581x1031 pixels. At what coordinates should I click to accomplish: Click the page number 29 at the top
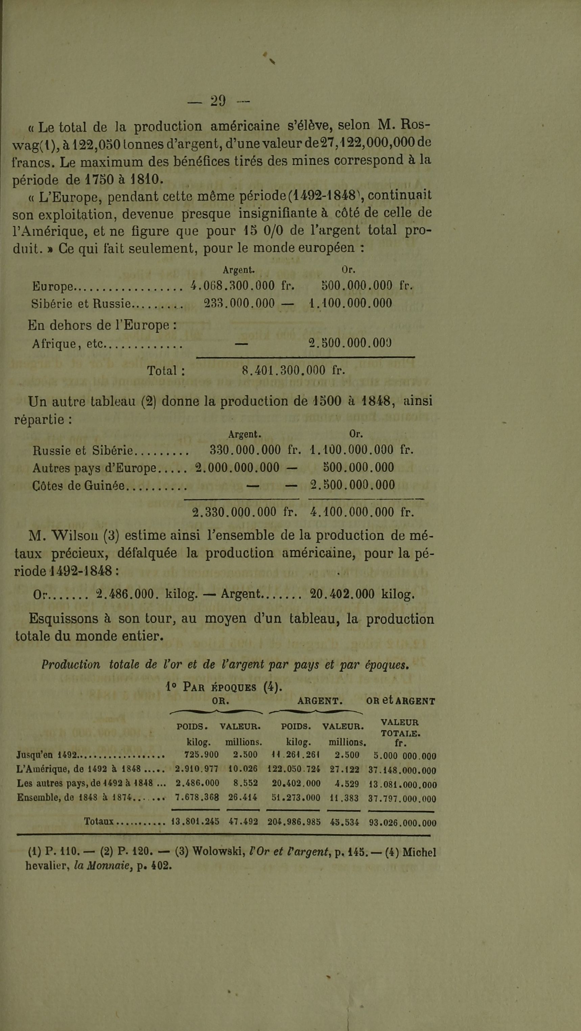(x=218, y=100)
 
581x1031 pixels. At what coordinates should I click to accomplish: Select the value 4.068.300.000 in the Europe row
(x=233, y=286)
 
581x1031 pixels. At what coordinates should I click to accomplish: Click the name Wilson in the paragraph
(x=74, y=536)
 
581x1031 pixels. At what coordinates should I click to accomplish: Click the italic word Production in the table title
(x=71, y=664)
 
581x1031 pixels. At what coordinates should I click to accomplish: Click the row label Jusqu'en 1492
(x=47, y=755)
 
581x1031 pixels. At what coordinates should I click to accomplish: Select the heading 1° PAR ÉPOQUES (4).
(x=224, y=686)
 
